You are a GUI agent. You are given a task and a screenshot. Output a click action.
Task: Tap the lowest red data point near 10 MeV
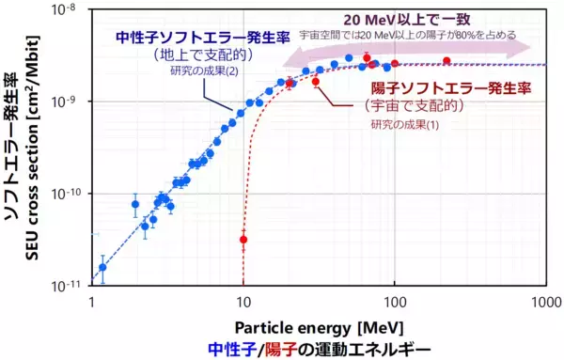point(243,240)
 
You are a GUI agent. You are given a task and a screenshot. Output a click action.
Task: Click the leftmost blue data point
point(102,267)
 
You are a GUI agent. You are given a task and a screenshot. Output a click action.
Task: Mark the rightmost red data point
point(446,60)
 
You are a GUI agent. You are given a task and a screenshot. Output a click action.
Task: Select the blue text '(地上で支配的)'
point(184,55)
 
